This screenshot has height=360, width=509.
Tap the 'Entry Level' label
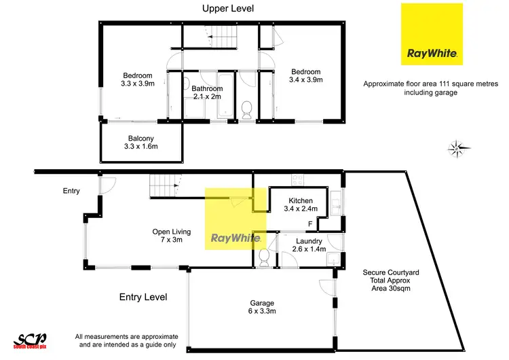143,297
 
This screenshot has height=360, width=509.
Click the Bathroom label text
207,88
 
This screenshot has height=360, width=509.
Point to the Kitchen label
301,200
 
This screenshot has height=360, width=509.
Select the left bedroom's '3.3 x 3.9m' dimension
138,84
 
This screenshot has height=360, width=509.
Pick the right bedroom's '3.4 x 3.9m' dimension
307,80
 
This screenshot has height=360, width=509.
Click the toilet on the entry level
264,257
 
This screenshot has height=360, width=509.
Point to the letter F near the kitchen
311,223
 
